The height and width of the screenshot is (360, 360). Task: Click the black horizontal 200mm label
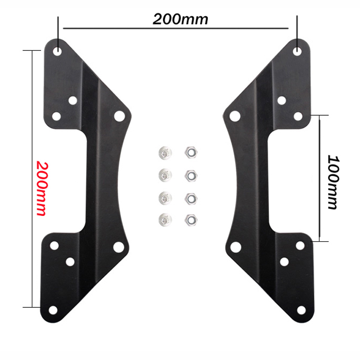point(180,19)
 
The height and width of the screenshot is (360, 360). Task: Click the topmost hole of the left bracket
point(58,51)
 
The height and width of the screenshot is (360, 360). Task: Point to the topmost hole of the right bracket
point(297,51)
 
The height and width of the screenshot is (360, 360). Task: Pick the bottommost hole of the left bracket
point(53,310)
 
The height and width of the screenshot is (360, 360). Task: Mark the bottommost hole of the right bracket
point(301,310)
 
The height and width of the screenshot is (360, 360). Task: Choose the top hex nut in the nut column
point(189,152)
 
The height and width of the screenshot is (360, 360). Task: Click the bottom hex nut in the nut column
point(189,220)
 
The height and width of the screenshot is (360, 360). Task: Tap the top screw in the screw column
point(164,153)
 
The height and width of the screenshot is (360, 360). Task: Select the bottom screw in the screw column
point(164,220)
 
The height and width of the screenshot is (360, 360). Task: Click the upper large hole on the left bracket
point(119,116)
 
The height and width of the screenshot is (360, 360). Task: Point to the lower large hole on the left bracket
point(118,246)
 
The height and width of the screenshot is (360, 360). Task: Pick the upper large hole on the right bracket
point(234,116)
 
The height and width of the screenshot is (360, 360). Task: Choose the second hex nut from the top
point(189,174)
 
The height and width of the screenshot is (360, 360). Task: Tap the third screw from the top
point(164,197)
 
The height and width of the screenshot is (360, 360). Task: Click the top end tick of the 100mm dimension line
point(320,115)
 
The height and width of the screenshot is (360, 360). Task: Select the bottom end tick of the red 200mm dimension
point(31,307)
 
